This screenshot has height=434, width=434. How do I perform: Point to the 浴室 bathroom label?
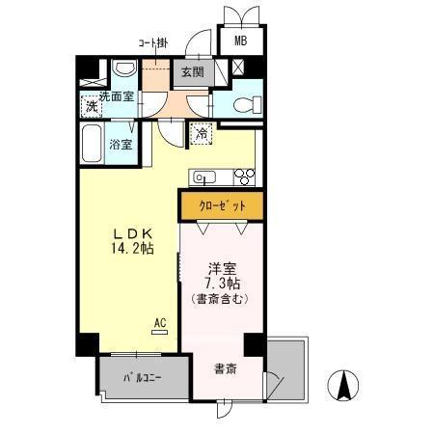click(121, 145)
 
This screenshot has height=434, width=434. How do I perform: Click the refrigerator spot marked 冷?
click(201, 134)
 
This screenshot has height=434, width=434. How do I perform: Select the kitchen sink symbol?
click(204, 176)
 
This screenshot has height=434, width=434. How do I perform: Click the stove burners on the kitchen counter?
click(242, 176)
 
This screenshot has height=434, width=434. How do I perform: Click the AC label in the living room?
click(161, 322)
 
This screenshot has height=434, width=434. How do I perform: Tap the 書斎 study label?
click(225, 367)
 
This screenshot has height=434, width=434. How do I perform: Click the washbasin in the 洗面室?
click(123, 70)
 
